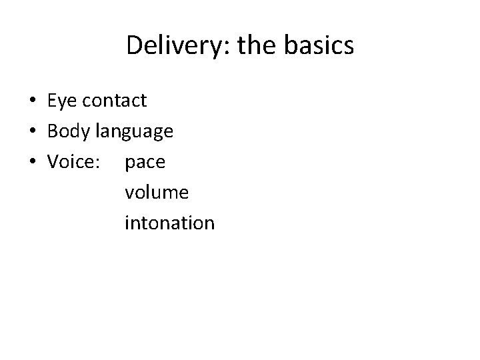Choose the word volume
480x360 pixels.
(x=157, y=193)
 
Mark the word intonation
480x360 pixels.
(x=169, y=223)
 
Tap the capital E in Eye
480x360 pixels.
(x=51, y=101)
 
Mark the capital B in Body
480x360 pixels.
(x=52, y=131)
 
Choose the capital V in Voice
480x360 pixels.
(x=53, y=162)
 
